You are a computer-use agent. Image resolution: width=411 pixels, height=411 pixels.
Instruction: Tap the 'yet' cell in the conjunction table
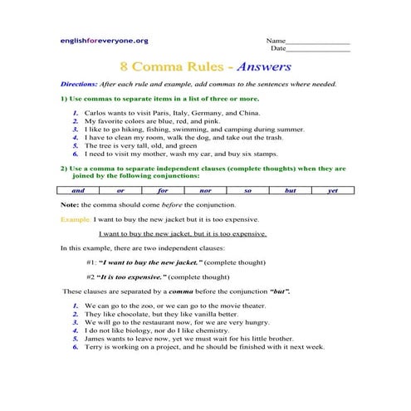(x=332, y=190)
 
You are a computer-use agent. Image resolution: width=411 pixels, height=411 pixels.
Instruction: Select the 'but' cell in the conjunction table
(x=290, y=190)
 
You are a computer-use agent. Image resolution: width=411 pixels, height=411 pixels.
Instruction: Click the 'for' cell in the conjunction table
(x=163, y=190)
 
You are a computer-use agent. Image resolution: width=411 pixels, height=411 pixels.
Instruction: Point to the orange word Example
(x=76, y=219)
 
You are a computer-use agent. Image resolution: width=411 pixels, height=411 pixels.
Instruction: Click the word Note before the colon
(x=69, y=204)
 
